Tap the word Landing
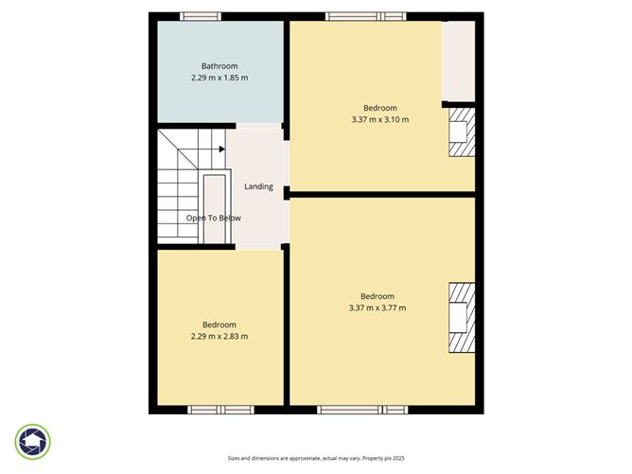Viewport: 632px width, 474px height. [x=258, y=186]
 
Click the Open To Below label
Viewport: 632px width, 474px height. [x=213, y=218]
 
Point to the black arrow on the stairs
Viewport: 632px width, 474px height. [x=220, y=149]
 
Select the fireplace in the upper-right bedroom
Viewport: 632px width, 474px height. [x=461, y=132]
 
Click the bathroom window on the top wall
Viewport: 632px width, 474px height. [x=201, y=16]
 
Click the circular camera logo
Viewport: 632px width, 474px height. [x=33, y=441]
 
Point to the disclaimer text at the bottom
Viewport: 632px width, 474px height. [x=315, y=459]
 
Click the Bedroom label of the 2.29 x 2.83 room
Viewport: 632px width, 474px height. [x=219, y=325]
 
